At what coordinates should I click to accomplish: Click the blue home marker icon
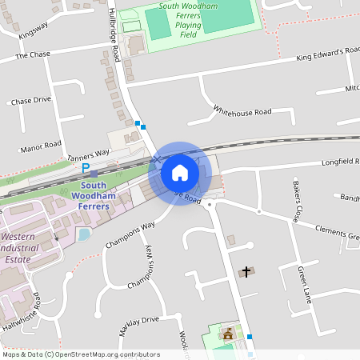point(180,173)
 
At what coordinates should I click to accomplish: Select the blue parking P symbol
point(86,169)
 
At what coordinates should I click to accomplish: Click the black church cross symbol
point(246,272)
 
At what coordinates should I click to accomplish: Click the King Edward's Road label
point(327,54)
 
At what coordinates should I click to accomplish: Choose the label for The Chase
point(32,55)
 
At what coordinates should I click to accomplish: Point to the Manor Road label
point(41,147)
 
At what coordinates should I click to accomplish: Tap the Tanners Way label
point(88,154)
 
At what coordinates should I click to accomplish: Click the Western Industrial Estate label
point(29,249)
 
